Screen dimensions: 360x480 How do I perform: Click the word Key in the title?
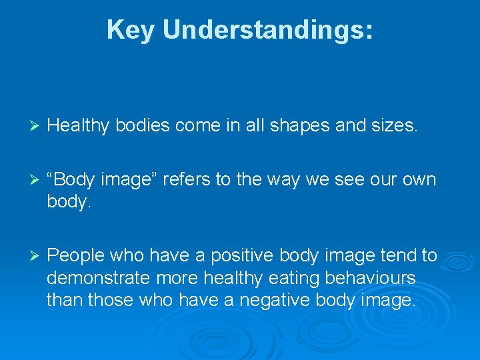[131, 30]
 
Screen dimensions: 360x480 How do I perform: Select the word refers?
[200, 179]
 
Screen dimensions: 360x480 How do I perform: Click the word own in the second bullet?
[418, 179]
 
